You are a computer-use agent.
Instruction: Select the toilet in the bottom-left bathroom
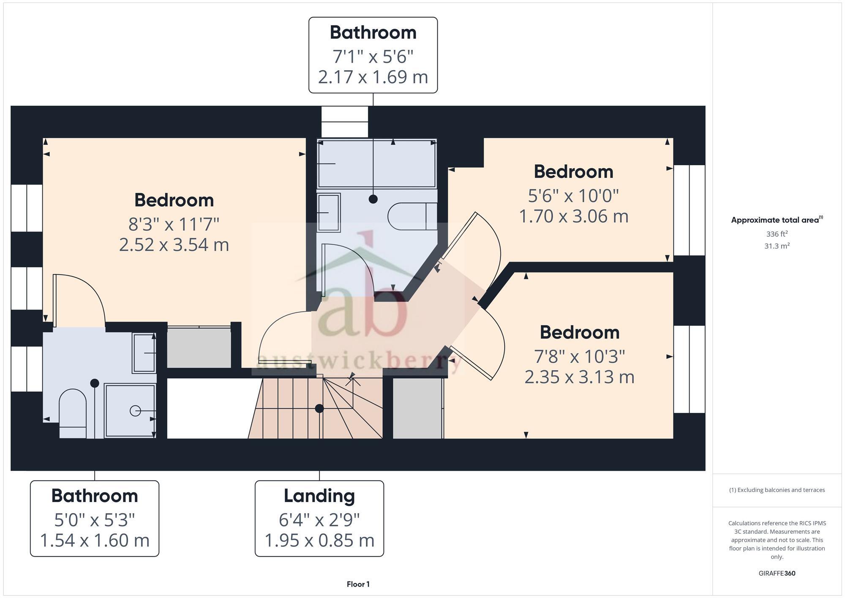pyautogui.click(x=72, y=412)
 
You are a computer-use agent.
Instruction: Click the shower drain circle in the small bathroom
pyautogui.click(x=135, y=410)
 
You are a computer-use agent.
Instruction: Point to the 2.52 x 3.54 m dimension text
pyautogui.click(x=174, y=245)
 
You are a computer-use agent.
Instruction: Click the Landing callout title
pyautogui.click(x=319, y=496)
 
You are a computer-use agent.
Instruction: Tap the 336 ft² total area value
pyautogui.click(x=777, y=234)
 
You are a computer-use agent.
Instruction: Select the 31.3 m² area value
pyautogui.click(x=777, y=246)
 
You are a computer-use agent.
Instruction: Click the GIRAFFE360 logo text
pyautogui.click(x=777, y=573)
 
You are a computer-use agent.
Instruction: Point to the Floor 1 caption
pyautogui.click(x=358, y=584)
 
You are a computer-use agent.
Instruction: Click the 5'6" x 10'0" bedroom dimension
pyautogui.click(x=573, y=196)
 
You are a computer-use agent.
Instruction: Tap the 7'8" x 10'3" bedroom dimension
pyautogui.click(x=579, y=357)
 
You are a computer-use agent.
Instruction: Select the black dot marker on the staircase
pyautogui.click(x=319, y=408)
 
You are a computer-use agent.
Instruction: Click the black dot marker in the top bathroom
pyautogui.click(x=373, y=199)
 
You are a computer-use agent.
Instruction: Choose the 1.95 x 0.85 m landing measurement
pyautogui.click(x=319, y=541)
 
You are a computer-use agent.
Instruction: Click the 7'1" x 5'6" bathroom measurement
pyautogui.click(x=373, y=57)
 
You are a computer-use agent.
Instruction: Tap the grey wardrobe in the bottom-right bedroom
pyautogui.click(x=417, y=408)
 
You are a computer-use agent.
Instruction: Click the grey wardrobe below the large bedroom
pyautogui.click(x=199, y=347)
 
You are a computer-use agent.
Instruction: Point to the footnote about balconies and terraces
pyautogui.click(x=777, y=490)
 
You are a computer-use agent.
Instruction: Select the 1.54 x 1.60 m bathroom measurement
pyautogui.click(x=95, y=541)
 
